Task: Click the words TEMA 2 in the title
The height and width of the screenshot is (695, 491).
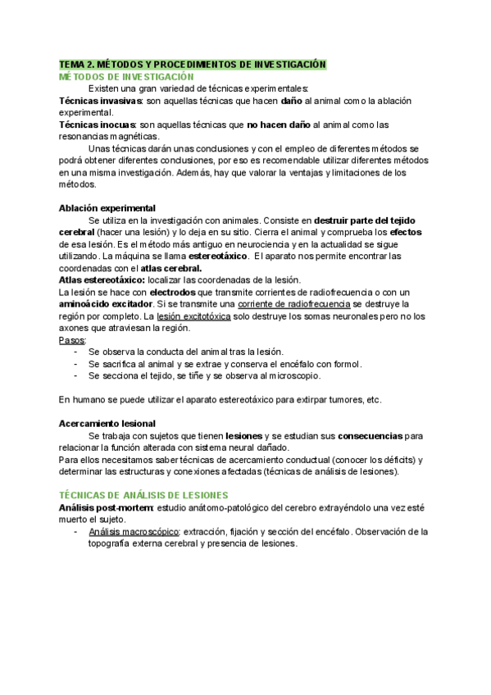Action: (79, 64)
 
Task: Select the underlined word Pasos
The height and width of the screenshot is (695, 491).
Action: (71, 339)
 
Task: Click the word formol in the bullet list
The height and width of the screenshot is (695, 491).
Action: (345, 363)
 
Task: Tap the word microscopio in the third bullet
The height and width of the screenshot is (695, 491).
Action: (292, 375)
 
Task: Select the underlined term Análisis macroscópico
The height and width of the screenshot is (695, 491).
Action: (134, 532)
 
